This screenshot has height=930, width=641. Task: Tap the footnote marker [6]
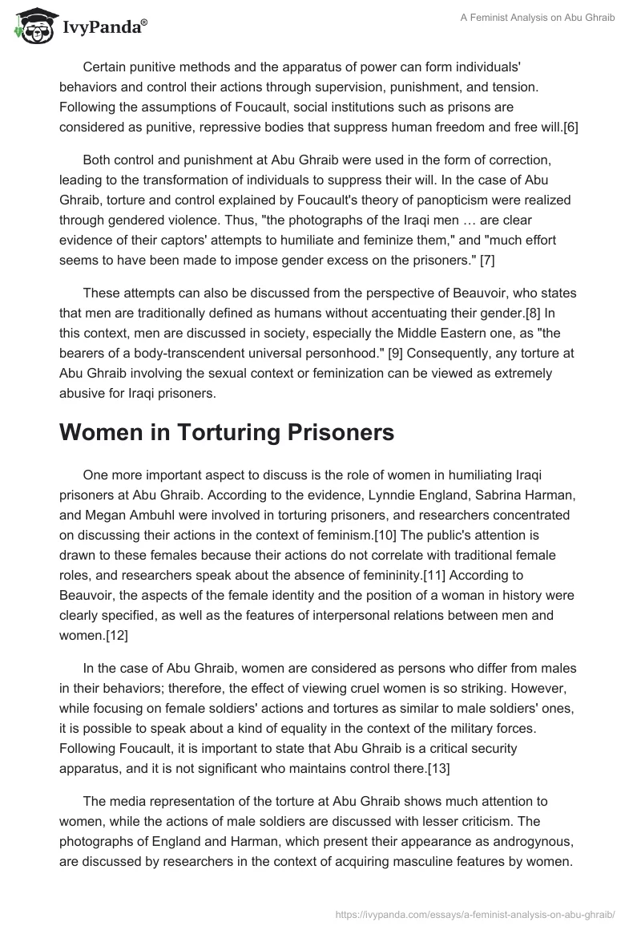pyautogui.click(x=570, y=127)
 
